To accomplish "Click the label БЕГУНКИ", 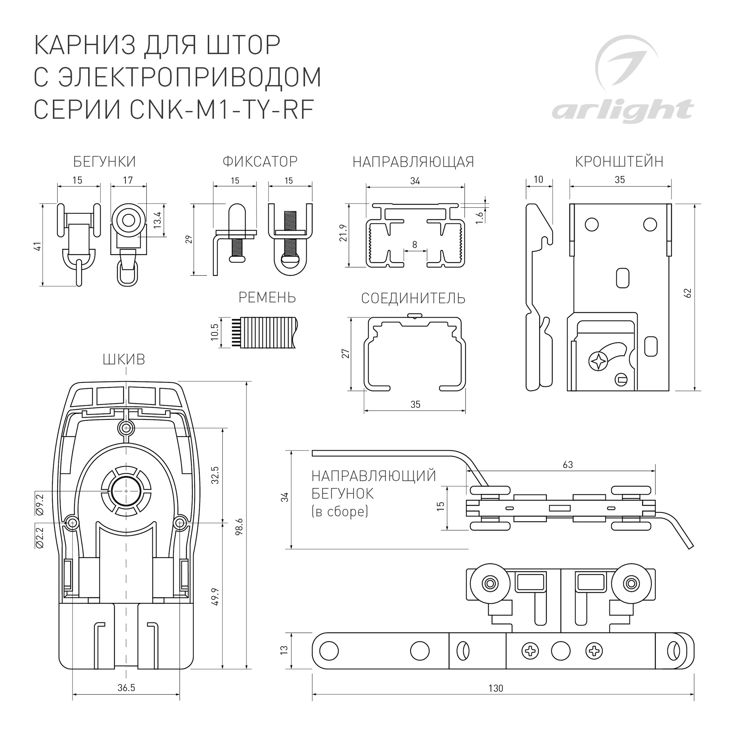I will (104, 161).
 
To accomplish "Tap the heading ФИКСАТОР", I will (260, 161).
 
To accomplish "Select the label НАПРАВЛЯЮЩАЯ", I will (413, 162).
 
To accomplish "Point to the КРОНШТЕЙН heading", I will (619, 161).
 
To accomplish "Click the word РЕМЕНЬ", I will (267, 298).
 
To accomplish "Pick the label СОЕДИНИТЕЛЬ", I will (413, 299).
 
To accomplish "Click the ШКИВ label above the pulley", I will (124, 360).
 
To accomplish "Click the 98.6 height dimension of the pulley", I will (239, 526).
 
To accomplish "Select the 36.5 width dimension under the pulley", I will (126, 688).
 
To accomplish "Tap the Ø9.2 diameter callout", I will (40, 504).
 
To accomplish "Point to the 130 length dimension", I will (495, 688).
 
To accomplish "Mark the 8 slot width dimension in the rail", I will (415, 245).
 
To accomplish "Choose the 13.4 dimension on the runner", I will (157, 220).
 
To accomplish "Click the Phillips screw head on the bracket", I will (599, 361).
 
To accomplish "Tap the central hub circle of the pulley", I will (126, 491).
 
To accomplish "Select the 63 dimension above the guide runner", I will (568, 465).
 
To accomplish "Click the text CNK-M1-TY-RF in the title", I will (222, 109).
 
